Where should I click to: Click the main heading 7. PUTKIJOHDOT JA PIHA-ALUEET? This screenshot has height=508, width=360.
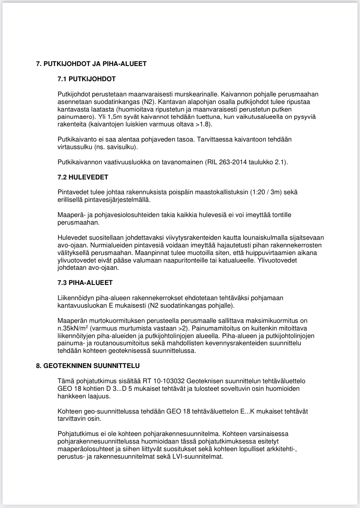point(91,64)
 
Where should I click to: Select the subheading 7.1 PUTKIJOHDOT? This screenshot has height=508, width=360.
point(86,79)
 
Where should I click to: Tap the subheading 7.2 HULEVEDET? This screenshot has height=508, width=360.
point(83,177)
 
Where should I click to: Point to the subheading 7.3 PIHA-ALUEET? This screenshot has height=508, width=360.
point(85,283)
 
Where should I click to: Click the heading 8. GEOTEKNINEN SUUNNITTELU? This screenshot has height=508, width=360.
point(88,366)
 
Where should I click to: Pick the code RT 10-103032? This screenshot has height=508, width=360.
point(164,381)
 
